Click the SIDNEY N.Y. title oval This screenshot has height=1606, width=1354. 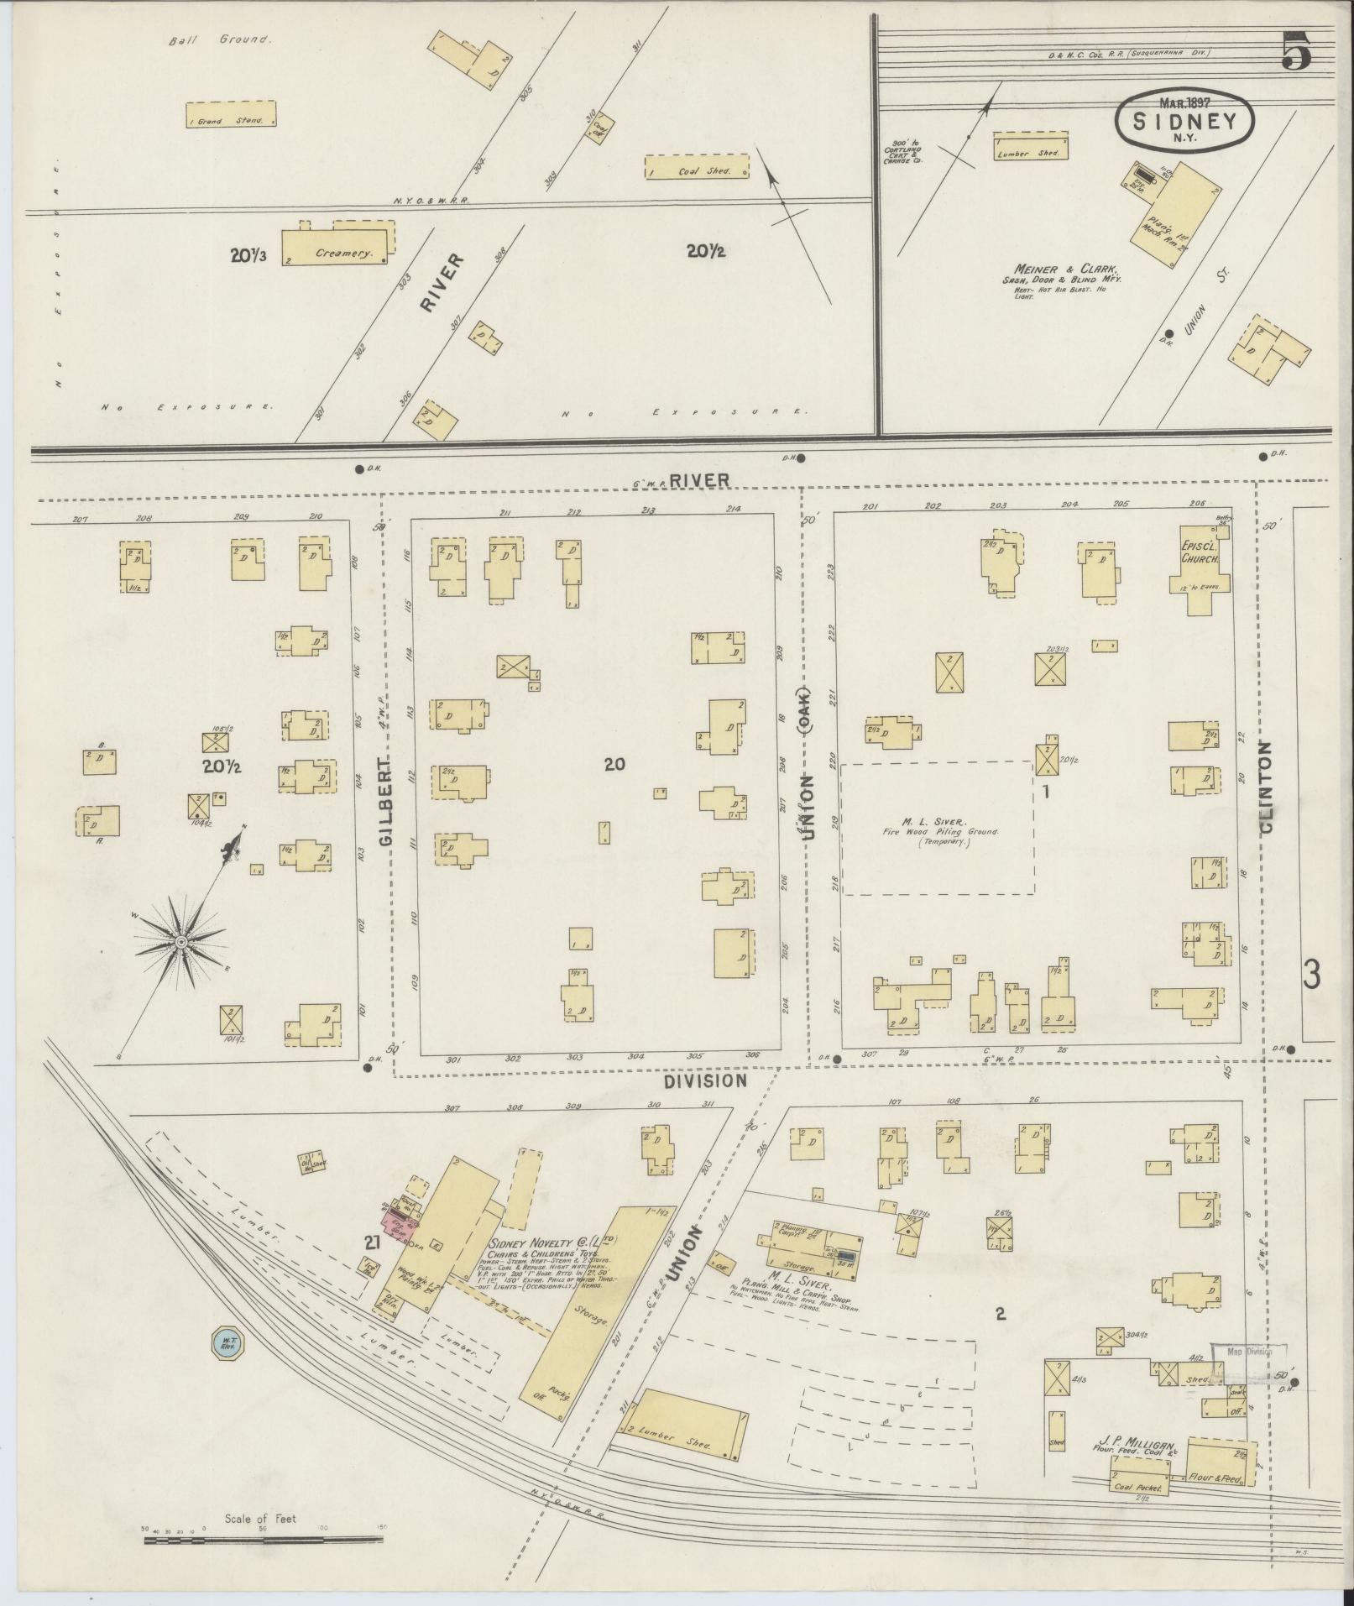tap(1184, 121)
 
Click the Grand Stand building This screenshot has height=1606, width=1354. tap(231, 115)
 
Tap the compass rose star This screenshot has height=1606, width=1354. tap(180, 943)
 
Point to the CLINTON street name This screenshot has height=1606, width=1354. tap(1266, 786)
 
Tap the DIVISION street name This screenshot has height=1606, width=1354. tap(706, 1080)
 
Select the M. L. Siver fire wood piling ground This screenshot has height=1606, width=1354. tap(937, 828)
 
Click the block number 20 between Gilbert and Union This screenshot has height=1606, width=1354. tap(614, 764)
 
